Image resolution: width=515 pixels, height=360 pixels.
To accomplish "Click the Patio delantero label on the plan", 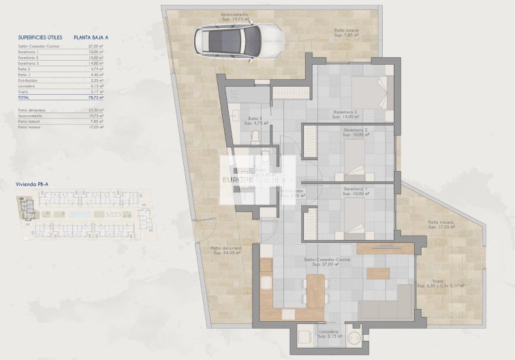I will (226, 250).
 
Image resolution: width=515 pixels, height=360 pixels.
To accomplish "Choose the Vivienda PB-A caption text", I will (33, 184).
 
